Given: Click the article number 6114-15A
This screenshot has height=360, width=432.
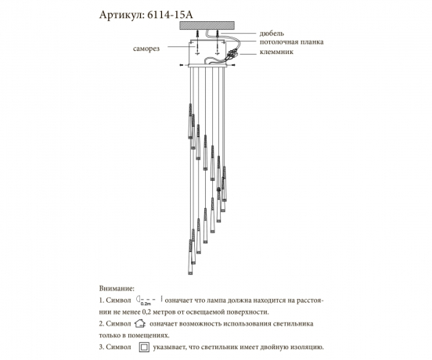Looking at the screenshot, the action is (x=171, y=16).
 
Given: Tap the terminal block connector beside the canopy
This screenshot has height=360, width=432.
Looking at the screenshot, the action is (x=233, y=55).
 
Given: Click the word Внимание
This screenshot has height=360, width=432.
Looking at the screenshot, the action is (x=118, y=288).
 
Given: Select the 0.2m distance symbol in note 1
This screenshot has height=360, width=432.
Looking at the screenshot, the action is (x=147, y=300).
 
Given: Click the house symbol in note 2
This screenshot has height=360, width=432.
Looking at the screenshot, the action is (x=140, y=322).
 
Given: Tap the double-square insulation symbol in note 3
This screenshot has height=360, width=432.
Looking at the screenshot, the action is (x=144, y=347).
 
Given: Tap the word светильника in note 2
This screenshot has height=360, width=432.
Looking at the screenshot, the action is (x=290, y=322).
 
